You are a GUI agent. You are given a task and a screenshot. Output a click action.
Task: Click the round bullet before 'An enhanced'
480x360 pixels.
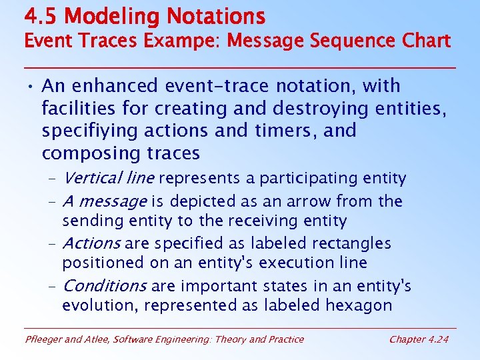pyautogui.click(x=31, y=87)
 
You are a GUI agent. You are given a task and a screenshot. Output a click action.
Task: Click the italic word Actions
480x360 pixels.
pyautogui.click(x=91, y=243)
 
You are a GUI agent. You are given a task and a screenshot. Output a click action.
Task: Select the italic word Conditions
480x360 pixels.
pyautogui.click(x=105, y=286)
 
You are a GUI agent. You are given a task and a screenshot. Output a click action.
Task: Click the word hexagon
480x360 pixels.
pyautogui.click(x=360, y=305)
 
